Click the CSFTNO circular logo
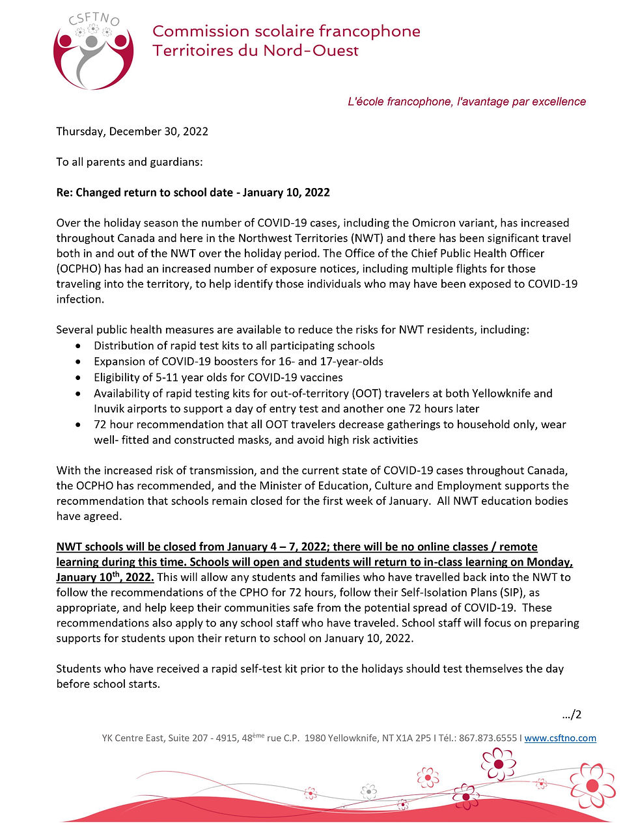tap(93, 52)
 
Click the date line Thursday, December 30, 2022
tap(132, 131)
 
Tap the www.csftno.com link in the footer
tap(560, 738)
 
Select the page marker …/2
tap(572, 714)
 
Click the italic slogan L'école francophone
tap(467, 101)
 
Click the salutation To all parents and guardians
tap(129, 162)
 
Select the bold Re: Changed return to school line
tap(193, 193)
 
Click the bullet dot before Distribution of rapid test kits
tap(79, 346)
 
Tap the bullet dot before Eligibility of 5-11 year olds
tap(79, 377)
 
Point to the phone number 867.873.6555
tap(488, 738)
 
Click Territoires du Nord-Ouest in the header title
tap(255, 51)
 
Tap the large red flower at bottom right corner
tap(592, 785)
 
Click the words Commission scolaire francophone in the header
tap(286, 31)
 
